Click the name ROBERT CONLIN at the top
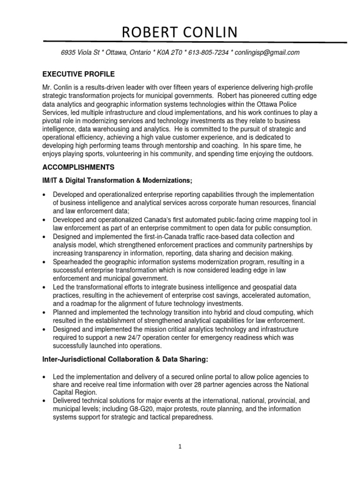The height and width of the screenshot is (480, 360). point(180,32)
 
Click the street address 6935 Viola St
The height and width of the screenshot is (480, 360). point(82,52)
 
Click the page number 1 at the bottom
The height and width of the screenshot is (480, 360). point(180,447)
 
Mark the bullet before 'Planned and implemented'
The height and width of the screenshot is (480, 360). point(44,313)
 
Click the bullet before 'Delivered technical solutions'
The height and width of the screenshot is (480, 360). point(44,401)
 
